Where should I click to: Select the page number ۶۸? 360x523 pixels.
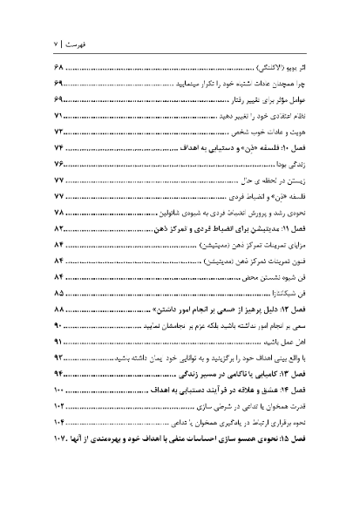point(62,67)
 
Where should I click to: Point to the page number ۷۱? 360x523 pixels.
point(62,115)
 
